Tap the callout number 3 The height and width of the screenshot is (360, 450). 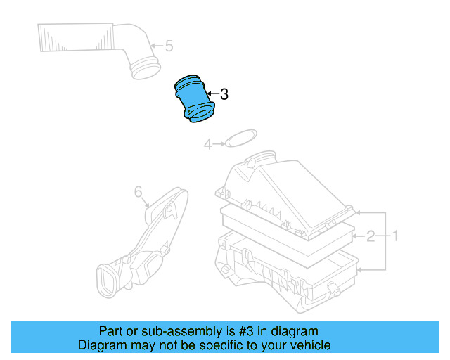click(x=224, y=94)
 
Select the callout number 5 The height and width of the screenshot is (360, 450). click(x=168, y=46)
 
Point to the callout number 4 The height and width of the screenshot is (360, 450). click(x=207, y=144)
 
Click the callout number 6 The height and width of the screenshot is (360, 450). click(x=138, y=191)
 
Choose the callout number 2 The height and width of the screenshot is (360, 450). click(x=370, y=236)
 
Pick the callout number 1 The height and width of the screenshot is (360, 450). click(x=395, y=236)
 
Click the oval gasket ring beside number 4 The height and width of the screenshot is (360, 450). click(x=239, y=139)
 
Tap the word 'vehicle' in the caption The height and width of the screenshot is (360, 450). click(x=308, y=345)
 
